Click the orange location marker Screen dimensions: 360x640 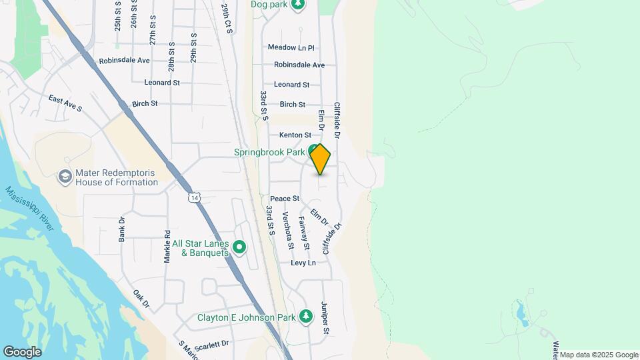coord(320,159)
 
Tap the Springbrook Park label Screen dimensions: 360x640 coord(269,152)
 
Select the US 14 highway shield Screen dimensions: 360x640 coord(194,197)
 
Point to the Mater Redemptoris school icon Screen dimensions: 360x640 coord(65,176)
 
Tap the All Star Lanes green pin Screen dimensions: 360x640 coord(239,248)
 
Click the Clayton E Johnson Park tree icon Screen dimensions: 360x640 coord(306,316)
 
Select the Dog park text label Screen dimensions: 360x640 coord(268,4)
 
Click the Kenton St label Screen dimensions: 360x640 coord(295,135)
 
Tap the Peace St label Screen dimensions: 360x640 coord(285,199)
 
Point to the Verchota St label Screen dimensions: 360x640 coord(288,230)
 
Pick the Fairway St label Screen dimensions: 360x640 coord(304,233)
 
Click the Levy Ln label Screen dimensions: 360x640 coord(303,263)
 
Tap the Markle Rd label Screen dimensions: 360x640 coord(168,247)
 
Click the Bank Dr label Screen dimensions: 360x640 coord(122,229)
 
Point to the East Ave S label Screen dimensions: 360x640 coord(65,103)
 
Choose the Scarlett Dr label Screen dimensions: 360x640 coord(211,343)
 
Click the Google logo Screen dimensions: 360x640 coord(22,351)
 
